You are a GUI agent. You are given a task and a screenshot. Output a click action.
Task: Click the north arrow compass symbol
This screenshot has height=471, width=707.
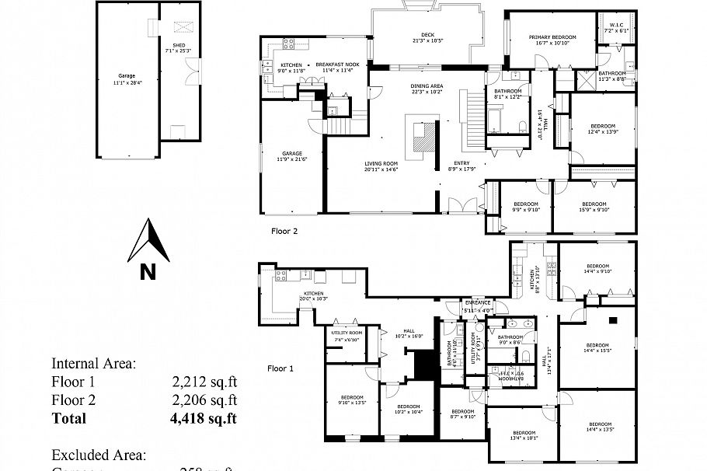pyautogui.click(x=148, y=242)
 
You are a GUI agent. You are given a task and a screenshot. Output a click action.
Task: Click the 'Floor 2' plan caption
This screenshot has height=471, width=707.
pyautogui.click(x=284, y=231)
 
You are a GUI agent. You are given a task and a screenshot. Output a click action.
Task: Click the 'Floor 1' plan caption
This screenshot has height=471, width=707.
pyautogui.click(x=280, y=368)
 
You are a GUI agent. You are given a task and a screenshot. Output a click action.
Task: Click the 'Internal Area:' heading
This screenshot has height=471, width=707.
pyautogui.click(x=93, y=362)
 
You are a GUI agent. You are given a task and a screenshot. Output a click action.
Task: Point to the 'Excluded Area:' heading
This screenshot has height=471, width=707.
pyautogui.click(x=99, y=455)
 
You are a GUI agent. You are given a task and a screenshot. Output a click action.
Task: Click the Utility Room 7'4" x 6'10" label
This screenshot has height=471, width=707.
pyautogui.click(x=345, y=336)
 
